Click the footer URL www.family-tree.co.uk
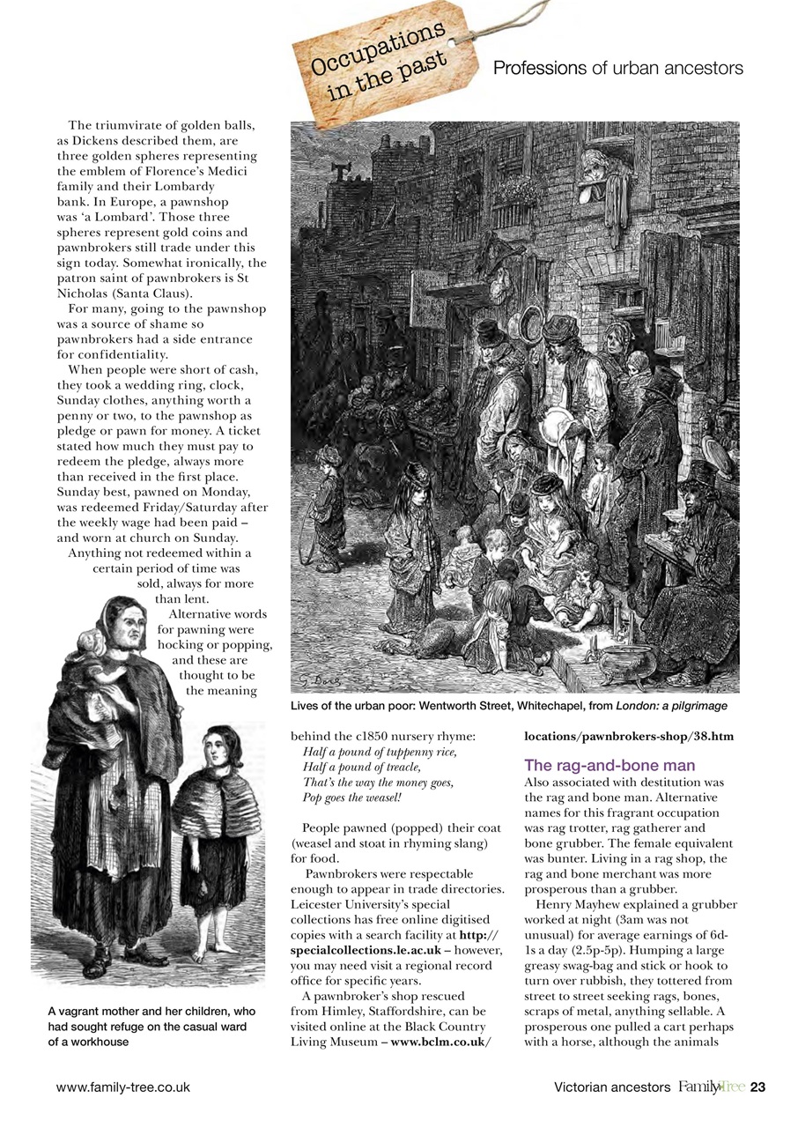pyautogui.click(x=122, y=1087)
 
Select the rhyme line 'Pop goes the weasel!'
pyautogui.click(x=351, y=797)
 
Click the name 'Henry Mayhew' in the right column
pyautogui.click(x=565, y=905)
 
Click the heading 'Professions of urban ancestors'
pyautogui.click(x=618, y=68)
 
